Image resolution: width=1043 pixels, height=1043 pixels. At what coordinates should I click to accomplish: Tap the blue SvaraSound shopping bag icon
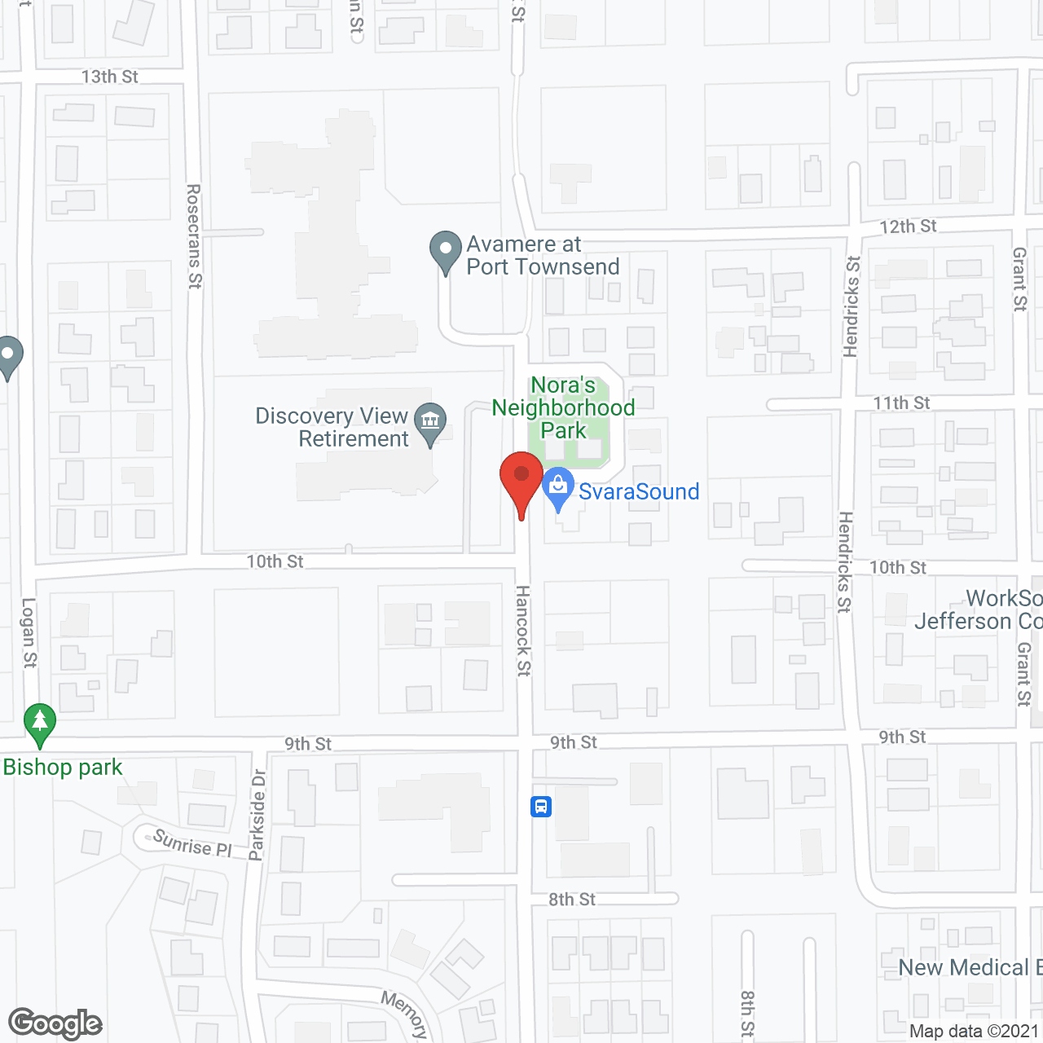[558, 487]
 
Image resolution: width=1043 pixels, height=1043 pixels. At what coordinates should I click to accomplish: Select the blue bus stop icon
[541, 807]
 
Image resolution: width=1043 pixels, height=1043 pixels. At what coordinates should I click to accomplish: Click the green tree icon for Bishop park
[40, 722]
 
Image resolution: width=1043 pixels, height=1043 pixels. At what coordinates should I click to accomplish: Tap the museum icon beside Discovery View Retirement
[430, 422]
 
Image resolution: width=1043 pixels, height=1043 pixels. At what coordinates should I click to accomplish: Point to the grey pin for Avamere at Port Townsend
[445, 250]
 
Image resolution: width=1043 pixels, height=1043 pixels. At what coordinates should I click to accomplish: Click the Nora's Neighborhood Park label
[563, 407]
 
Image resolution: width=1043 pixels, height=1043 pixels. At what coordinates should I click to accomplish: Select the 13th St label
[110, 77]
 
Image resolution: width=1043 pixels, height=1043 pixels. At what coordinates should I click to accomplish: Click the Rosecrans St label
[194, 236]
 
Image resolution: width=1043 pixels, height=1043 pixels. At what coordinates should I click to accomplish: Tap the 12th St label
[908, 227]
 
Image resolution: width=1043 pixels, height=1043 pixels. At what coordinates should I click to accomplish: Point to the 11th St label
[901, 403]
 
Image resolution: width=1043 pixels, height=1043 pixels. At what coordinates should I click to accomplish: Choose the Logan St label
[29, 633]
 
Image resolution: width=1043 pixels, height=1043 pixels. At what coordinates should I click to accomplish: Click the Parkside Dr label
[257, 815]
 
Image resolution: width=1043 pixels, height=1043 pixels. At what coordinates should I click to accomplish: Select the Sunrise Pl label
[192, 843]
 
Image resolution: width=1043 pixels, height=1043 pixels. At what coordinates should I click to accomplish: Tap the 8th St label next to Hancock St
[572, 900]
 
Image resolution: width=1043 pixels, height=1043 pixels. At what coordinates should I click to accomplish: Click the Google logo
[55, 1023]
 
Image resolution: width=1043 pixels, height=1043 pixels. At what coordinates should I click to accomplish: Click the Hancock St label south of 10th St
[523, 630]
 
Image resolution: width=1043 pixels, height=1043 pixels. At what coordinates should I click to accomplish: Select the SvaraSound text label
[639, 491]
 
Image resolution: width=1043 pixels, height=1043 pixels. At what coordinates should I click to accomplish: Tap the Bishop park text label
[63, 768]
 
